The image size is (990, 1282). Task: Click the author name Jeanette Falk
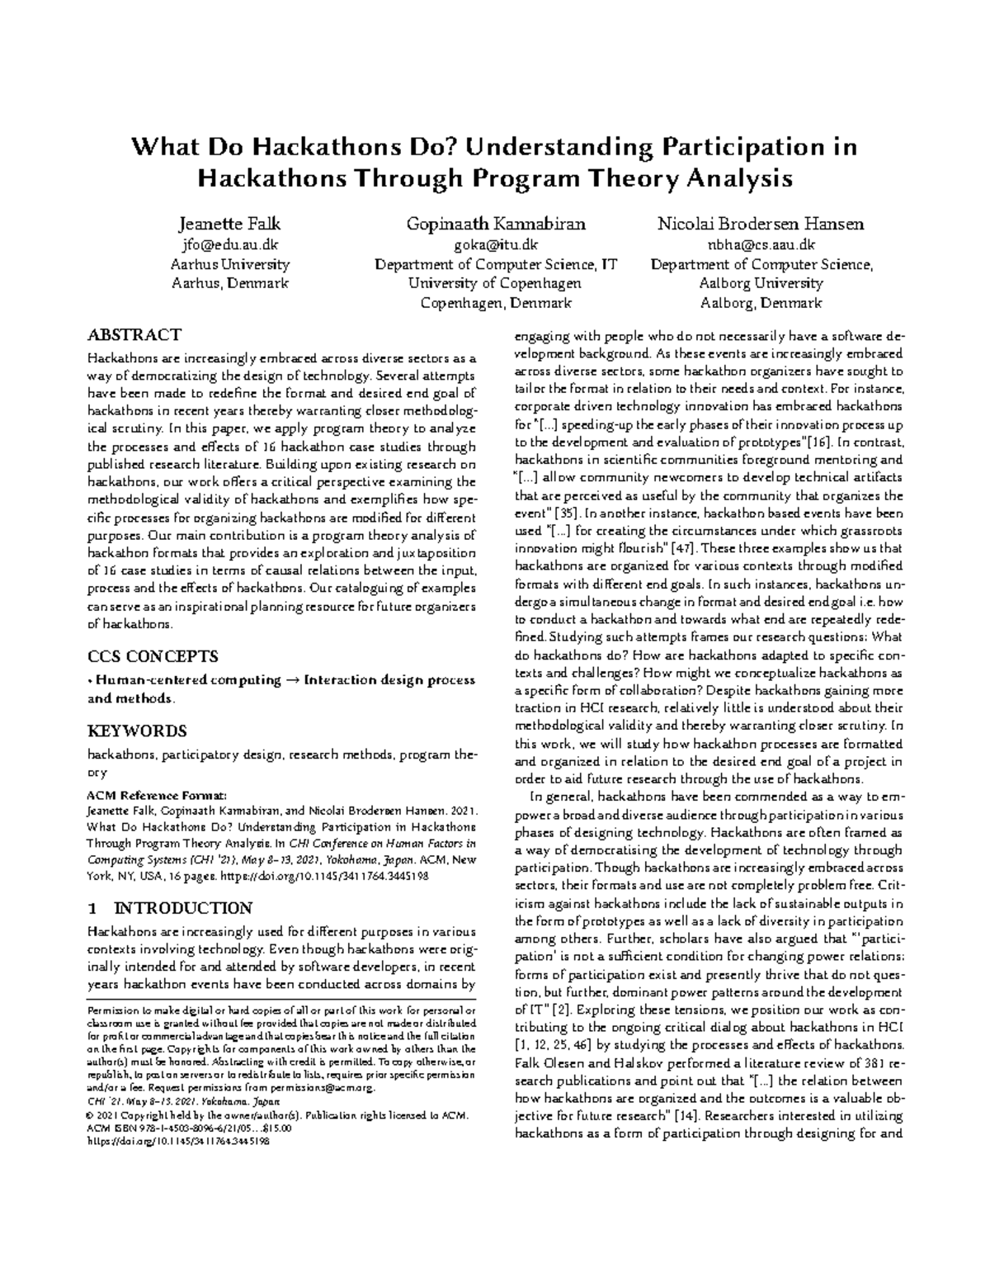[229, 224]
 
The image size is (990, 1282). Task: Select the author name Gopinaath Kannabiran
[495, 224]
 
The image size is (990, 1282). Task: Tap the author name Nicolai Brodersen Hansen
[760, 224]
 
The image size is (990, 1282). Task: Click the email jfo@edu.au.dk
[229, 244]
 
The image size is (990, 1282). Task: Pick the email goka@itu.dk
[495, 244]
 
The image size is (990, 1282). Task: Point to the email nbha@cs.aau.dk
[760, 244]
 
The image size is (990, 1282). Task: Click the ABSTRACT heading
[134, 334]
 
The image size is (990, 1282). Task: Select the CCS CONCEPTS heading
[153, 656]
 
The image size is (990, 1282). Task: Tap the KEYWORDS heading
[137, 731]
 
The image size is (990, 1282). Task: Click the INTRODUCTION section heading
[181, 909]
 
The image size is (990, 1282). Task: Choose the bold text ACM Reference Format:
[156, 795]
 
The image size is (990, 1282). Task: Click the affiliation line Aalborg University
[760, 283]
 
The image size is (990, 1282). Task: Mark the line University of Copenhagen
[495, 283]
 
